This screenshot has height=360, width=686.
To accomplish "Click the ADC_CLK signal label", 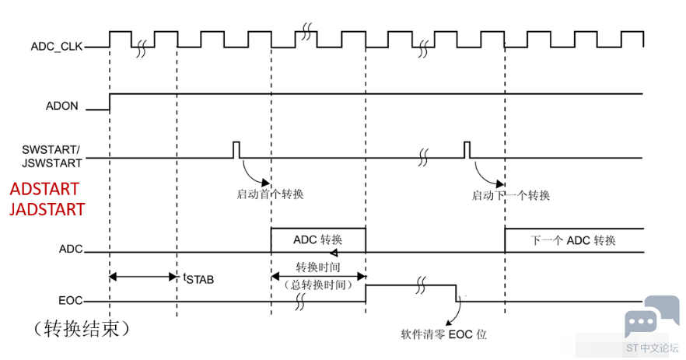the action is click(57, 47).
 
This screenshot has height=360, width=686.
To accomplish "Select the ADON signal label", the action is click(61, 106).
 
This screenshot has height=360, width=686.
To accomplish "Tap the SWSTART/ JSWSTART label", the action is click(51, 156).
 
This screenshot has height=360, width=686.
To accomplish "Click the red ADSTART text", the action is click(44, 189).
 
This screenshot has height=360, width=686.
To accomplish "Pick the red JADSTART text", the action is click(47, 209).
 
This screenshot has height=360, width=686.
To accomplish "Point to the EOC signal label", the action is click(71, 300).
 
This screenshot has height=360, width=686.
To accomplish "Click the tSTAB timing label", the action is click(198, 278).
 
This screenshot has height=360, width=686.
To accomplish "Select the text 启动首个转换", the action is click(270, 194).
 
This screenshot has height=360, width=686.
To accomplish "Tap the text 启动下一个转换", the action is click(510, 195).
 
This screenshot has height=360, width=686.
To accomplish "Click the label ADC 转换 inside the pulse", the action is click(317, 239).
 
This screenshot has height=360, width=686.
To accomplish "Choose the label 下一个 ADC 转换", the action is click(573, 240).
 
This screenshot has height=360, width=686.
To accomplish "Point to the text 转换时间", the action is click(318, 267).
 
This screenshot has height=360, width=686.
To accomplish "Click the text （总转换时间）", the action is click(318, 285).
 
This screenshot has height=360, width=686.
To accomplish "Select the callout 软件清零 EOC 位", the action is click(443, 334).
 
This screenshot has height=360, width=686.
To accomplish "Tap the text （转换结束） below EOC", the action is click(82, 328).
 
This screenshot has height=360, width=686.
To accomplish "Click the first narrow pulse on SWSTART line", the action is click(236, 149).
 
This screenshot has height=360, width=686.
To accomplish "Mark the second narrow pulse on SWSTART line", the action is click(467, 149).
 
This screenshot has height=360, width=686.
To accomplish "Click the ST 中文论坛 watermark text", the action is click(653, 348).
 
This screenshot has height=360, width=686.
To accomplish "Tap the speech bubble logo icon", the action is click(652, 316).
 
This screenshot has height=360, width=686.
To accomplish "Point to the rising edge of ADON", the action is click(110, 102).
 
